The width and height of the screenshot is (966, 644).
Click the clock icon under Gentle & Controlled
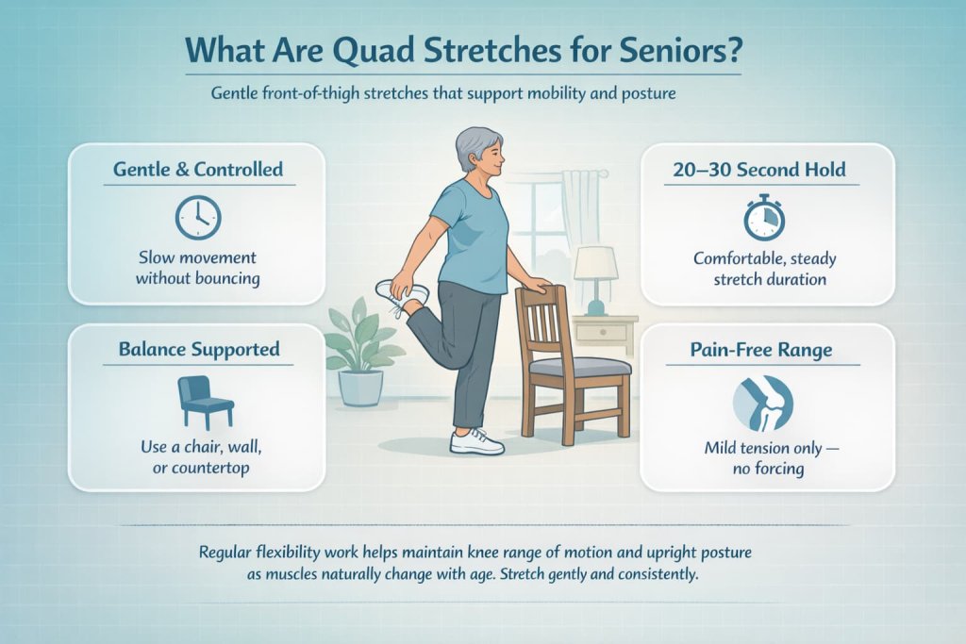(198, 218)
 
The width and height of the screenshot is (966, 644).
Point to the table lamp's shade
(595, 264)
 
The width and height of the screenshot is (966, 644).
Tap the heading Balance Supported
(199, 349)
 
